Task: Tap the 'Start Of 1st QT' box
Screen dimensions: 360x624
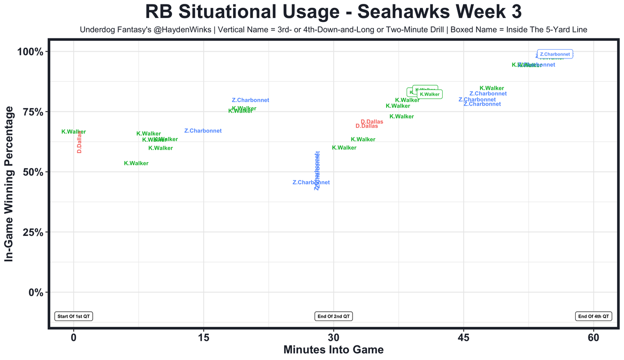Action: click(74, 316)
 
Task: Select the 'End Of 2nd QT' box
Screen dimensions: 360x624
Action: click(334, 316)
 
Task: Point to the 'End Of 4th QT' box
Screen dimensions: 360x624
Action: click(593, 316)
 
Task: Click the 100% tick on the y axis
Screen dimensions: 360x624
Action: click(32, 52)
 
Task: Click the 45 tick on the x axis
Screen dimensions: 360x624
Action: click(464, 337)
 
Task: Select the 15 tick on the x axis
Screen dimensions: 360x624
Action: click(203, 337)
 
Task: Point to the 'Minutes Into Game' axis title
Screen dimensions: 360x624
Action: click(333, 350)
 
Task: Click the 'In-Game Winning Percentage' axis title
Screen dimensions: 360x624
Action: click(9, 184)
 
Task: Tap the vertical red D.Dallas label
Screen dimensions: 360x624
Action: click(79, 142)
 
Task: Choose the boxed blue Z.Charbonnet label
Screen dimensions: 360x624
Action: click(555, 54)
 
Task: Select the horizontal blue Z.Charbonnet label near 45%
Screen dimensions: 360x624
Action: click(311, 183)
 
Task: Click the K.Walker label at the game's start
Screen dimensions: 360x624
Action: click(74, 132)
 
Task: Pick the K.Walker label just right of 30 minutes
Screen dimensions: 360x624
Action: click(344, 148)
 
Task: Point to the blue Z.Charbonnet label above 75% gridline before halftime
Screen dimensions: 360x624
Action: click(250, 100)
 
